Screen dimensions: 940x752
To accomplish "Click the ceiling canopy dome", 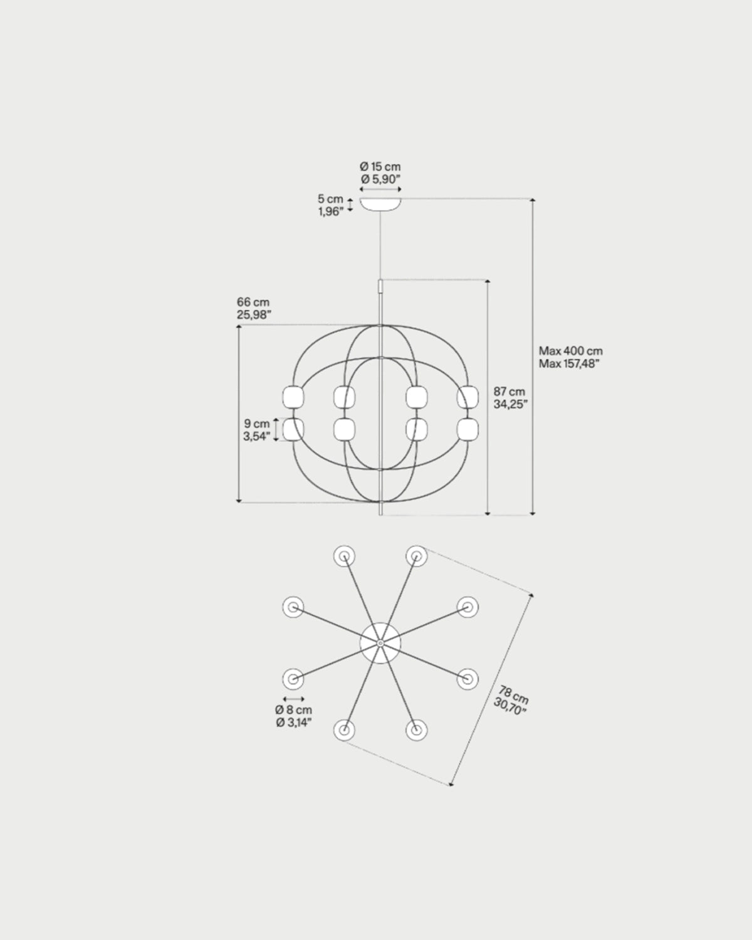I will (380, 204).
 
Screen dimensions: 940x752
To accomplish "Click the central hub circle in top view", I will (380, 643).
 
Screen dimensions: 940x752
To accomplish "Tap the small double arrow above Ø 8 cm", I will (293, 699).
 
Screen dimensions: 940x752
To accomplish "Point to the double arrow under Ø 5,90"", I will (380, 188).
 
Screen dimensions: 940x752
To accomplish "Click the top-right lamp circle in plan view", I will (416, 555).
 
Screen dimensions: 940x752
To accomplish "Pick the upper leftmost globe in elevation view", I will (293, 397).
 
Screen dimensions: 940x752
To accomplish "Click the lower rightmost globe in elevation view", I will (467, 430).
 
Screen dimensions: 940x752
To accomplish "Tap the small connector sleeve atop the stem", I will (380, 287).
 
